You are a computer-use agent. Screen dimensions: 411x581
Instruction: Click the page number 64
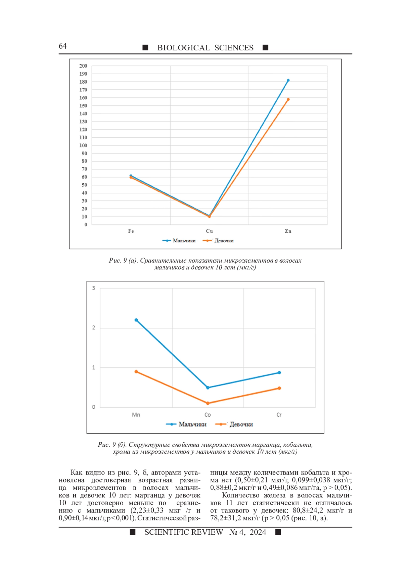pos(63,46)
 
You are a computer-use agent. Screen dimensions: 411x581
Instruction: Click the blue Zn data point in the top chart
pos(288,80)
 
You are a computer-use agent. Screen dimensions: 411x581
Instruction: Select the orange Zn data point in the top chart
pos(288,99)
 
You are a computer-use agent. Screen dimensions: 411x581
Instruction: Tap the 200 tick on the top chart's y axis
pos(83,66)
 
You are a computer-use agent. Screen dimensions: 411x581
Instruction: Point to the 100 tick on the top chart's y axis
pos(83,146)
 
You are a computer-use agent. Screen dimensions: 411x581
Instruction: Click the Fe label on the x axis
pos(131,231)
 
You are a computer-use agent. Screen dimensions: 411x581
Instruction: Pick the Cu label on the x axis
pos(209,231)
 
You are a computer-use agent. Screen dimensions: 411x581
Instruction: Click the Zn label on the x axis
pos(288,231)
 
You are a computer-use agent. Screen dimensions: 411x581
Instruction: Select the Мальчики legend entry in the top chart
pos(179,241)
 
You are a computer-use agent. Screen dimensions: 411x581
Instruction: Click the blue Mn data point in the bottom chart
pos(136,320)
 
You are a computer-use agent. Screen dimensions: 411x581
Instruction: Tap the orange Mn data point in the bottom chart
pos(136,372)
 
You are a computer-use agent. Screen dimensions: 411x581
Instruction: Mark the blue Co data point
pos(208,388)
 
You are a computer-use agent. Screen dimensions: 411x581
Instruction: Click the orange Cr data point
pos(279,388)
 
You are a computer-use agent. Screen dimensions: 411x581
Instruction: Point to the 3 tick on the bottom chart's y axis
pos(94,288)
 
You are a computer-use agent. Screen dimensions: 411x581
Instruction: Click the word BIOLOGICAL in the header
pos(184,48)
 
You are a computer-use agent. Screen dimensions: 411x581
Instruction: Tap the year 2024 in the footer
pos(258,532)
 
